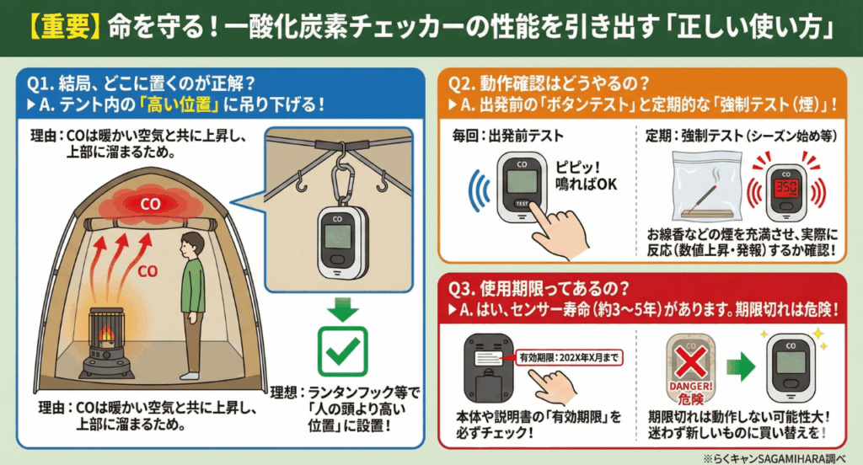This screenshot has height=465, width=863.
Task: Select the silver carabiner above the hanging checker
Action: tap(341, 178)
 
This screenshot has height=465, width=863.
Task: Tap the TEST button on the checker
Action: tap(522, 204)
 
